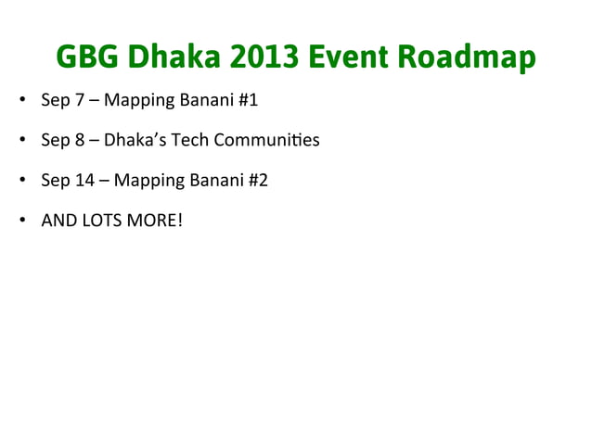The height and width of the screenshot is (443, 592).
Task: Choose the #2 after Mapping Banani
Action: pyautogui.click(x=257, y=181)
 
